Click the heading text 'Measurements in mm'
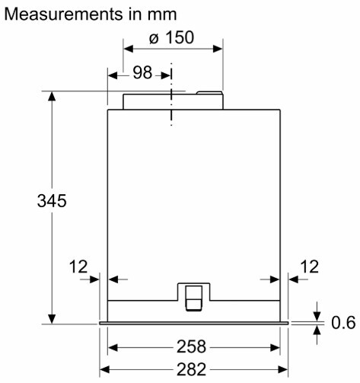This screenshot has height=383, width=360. tap(91, 14)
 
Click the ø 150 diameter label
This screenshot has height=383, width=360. tap(171, 37)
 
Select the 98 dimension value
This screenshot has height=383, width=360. tap(142, 72)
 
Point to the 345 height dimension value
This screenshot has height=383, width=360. tap(52, 201)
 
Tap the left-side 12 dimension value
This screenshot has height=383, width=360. tap(78, 267)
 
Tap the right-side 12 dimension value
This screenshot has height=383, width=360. tap(310, 267)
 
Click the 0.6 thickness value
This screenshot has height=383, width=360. tap(343, 323)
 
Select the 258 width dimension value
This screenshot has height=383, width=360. tap(191, 346)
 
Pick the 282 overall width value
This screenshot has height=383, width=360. tap(191, 369)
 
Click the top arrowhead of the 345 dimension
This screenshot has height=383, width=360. tap(52, 96)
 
